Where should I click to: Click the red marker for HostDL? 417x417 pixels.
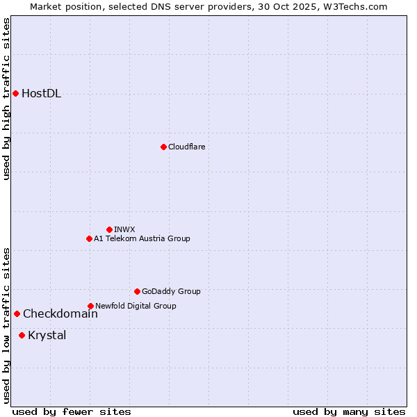[x=15, y=93]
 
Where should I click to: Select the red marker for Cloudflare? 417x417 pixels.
[x=163, y=147]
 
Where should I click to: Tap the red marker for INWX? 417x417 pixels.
[x=109, y=229]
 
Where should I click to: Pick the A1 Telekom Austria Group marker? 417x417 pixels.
[x=89, y=238]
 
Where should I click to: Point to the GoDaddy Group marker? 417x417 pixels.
[x=137, y=291]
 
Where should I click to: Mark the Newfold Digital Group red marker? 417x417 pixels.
[x=90, y=306]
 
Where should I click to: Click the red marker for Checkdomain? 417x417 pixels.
[x=17, y=313]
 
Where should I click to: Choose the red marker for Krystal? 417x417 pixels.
[x=22, y=335]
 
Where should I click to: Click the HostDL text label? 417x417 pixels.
[x=41, y=94]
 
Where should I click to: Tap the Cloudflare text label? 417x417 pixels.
[x=186, y=147]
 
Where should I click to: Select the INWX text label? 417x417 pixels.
[x=124, y=229]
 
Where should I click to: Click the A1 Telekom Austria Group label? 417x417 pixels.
[x=142, y=238]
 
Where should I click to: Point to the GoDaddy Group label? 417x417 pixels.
[x=171, y=291]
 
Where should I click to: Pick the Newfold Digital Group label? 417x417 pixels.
[x=136, y=306]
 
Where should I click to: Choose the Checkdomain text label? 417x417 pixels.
[x=60, y=314]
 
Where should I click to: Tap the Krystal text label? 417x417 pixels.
[x=47, y=336]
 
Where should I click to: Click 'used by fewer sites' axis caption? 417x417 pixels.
[x=72, y=411]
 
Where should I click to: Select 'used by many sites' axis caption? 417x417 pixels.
[x=349, y=411]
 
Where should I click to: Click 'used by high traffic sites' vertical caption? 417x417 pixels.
[x=7, y=99]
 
